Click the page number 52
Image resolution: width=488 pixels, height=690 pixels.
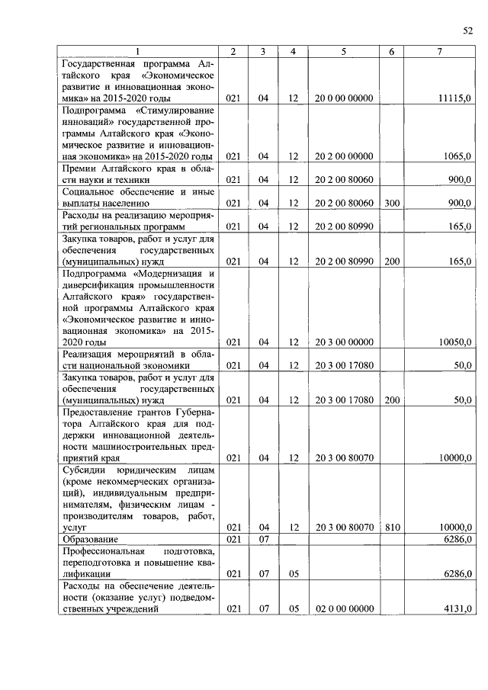[x=467, y=30]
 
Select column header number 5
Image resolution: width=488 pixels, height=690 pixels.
[x=344, y=51]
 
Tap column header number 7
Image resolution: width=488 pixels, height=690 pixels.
[x=439, y=51]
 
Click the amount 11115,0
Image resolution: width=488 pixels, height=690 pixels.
[x=455, y=99]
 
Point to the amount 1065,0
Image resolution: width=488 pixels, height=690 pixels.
[x=457, y=156]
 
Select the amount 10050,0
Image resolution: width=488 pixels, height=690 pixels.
[x=455, y=342]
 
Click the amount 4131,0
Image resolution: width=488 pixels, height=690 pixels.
[x=457, y=608]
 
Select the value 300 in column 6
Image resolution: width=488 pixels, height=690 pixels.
[x=392, y=204]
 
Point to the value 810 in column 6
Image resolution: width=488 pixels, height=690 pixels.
[x=392, y=527]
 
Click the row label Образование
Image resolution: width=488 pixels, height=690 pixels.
[x=90, y=539]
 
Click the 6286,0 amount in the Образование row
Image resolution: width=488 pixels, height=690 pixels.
[x=457, y=539]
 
